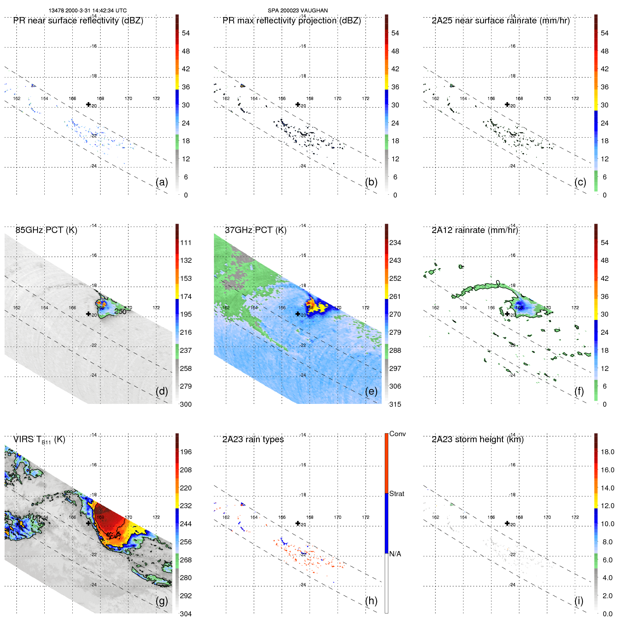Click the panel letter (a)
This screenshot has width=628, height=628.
click(162, 182)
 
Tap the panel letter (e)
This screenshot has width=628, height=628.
click(371, 391)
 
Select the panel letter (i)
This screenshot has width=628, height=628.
click(579, 601)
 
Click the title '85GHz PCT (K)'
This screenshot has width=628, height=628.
click(46, 230)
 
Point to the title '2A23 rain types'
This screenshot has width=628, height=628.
click(253, 439)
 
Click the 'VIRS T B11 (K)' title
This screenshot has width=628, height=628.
click(39, 440)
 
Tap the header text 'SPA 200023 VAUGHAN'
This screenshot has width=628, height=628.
click(298, 11)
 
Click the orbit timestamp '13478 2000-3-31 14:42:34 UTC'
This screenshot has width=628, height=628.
click(88, 11)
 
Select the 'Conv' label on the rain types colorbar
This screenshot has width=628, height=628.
click(397, 434)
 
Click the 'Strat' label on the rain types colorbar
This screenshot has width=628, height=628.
click(396, 494)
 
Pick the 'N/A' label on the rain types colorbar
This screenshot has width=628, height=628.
click(395, 554)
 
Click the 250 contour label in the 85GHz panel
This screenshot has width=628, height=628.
click(120, 311)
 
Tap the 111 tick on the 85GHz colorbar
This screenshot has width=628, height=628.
click(186, 243)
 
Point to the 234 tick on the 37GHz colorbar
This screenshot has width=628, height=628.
click(395, 243)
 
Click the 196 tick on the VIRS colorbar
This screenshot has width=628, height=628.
click(186, 452)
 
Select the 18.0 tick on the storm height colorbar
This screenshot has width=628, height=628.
click(607, 452)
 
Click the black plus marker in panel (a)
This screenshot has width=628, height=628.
click(88, 104)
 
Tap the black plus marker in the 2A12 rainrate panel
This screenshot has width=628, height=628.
click(507, 314)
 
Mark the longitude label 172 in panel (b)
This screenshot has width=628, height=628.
click(366, 99)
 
